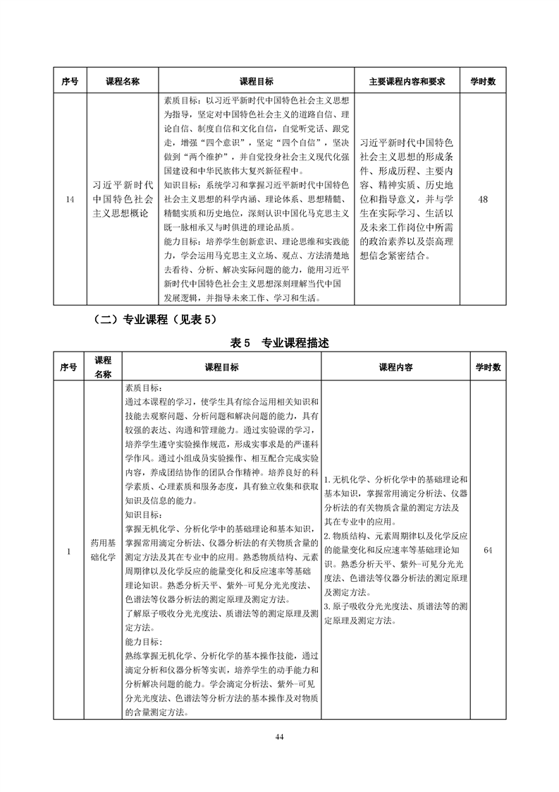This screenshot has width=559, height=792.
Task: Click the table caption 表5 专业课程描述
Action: click(x=278, y=344)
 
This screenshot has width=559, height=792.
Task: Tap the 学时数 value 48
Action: click(x=483, y=199)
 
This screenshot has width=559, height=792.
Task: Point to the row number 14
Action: click(x=69, y=199)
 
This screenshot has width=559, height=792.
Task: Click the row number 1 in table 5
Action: click(x=69, y=550)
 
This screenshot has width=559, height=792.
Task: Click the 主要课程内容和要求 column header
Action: click(x=407, y=82)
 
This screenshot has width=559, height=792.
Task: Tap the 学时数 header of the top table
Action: click(x=483, y=82)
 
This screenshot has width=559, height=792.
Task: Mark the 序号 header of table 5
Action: click(x=69, y=367)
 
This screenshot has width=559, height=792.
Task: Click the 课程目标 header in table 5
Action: click(x=221, y=367)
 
